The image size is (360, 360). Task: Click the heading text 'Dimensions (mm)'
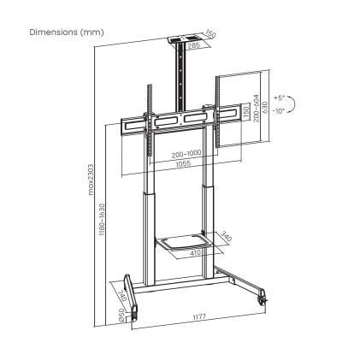(66, 32)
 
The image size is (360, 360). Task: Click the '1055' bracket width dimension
(180, 163)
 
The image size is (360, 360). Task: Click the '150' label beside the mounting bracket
(245, 114)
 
